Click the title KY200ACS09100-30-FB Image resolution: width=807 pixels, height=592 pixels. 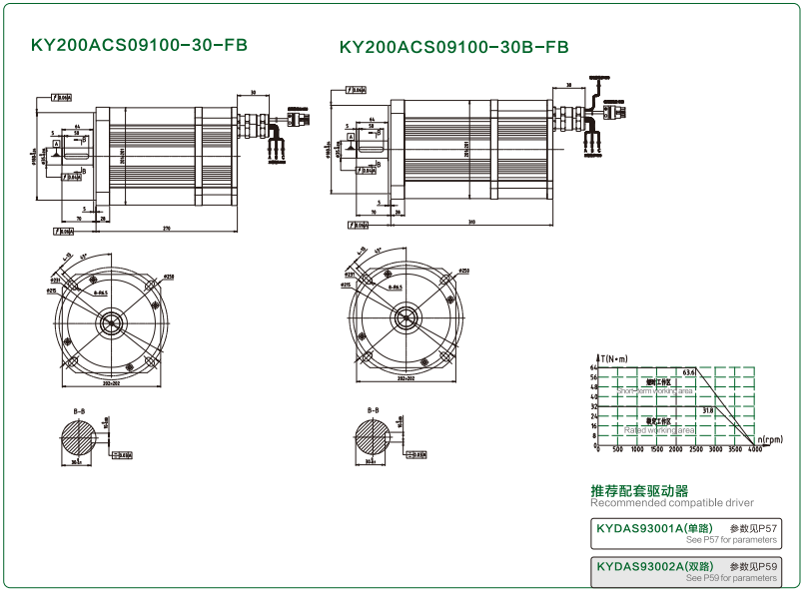pos(139,46)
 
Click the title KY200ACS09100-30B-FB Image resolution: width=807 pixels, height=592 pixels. pos(453,47)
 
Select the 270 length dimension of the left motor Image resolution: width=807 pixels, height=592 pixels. pos(166,230)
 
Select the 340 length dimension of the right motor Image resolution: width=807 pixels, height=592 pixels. pos(470,222)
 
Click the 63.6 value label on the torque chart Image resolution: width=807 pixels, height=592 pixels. pos(688,372)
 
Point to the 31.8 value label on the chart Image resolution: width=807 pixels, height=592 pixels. pos(707,409)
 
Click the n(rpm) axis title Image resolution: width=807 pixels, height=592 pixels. pos(772,439)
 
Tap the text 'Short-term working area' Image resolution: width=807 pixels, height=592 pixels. pos(655,391)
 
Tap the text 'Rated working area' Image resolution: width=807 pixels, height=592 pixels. pos(659,430)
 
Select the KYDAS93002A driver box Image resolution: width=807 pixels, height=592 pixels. pos(685,571)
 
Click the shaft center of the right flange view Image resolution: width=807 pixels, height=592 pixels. pos(405,318)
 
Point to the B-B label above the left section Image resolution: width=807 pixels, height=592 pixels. pos(79,410)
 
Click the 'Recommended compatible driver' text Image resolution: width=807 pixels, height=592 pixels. pos(672,502)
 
